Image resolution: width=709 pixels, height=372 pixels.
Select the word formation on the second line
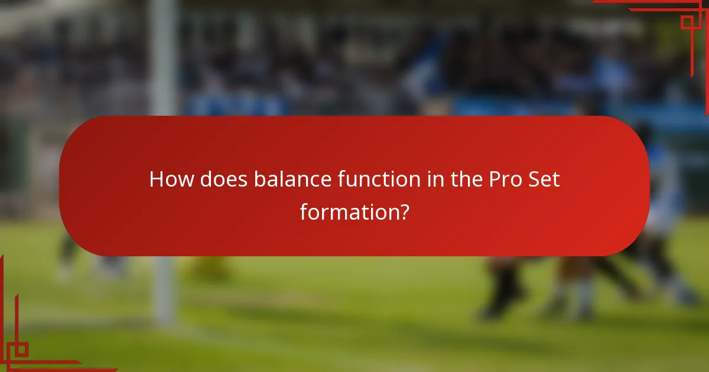(347, 211)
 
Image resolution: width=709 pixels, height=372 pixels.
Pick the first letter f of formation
(304, 211)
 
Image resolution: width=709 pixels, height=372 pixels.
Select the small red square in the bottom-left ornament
(21, 350)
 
